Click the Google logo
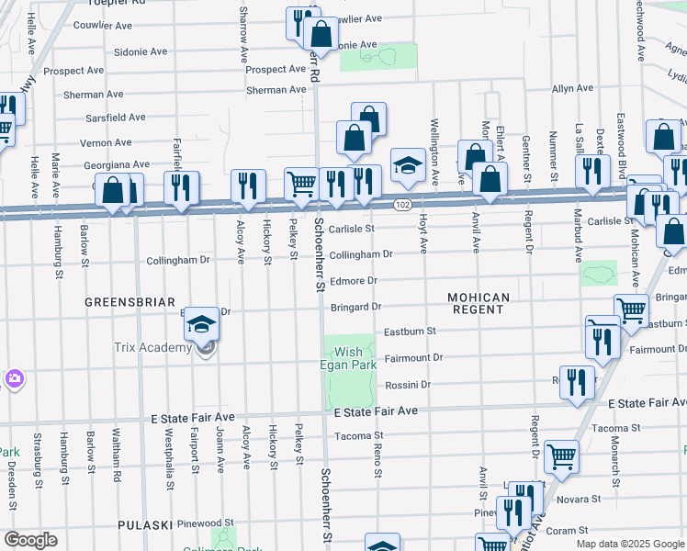pyautogui.click(x=29, y=540)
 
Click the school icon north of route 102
pyautogui.click(x=408, y=165)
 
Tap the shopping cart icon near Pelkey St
pyautogui.click(x=301, y=185)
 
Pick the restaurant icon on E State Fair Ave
pyautogui.click(x=578, y=385)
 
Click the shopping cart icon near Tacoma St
pyautogui.click(x=560, y=456)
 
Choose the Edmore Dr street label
pyautogui.click(x=354, y=280)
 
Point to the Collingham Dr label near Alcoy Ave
pyautogui.click(x=179, y=260)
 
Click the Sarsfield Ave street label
pyautogui.click(x=114, y=118)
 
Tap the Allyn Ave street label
pyautogui.click(x=572, y=88)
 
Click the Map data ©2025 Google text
pyautogui.click(x=629, y=544)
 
